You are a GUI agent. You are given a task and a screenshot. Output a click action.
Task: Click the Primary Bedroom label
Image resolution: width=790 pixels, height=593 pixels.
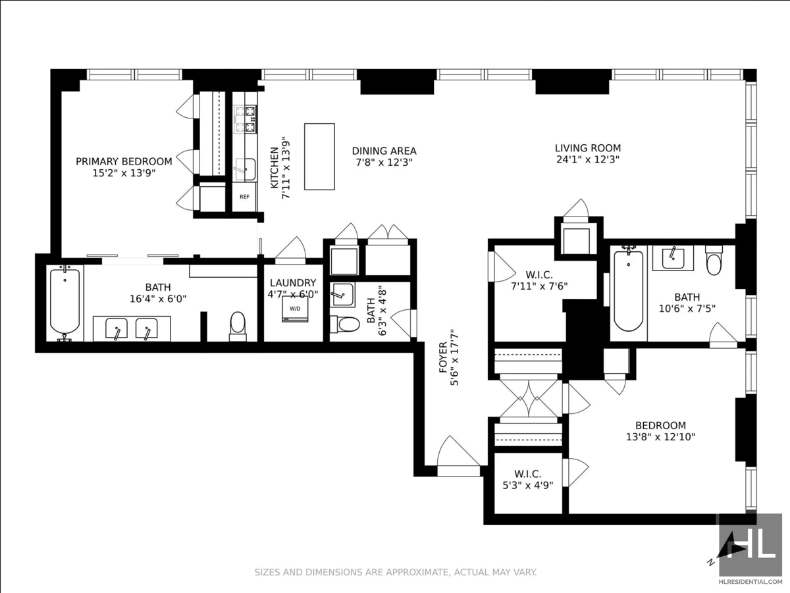point(124,161)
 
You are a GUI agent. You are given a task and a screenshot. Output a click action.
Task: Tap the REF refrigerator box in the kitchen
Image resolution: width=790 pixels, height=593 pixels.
point(244,197)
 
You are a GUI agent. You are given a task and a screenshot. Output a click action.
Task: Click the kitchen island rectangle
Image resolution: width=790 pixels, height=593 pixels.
point(319,157)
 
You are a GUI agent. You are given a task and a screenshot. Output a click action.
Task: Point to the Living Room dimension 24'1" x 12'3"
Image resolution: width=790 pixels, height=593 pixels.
point(587,159)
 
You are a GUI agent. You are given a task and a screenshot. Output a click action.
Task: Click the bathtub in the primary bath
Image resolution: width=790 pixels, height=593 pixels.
point(65,301)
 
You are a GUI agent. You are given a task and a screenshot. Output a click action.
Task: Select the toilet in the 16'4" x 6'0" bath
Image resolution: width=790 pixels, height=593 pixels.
point(237,324)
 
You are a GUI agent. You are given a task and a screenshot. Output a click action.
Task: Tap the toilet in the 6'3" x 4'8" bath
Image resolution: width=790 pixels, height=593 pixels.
point(346,323)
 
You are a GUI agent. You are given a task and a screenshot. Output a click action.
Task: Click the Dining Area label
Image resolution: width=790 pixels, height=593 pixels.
point(384,151)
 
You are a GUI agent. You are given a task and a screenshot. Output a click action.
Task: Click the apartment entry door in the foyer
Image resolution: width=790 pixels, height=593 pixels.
point(459,458)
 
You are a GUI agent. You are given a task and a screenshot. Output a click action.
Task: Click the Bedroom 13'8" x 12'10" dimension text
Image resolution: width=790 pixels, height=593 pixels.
point(660,436)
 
